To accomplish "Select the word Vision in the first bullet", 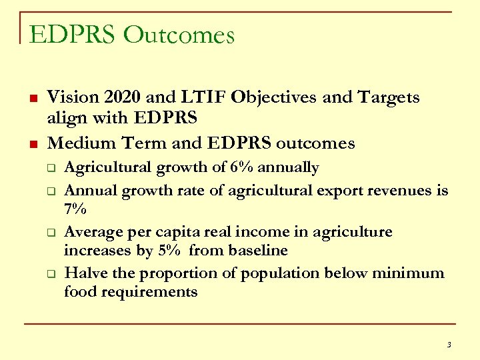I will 71,97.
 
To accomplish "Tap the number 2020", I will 121,97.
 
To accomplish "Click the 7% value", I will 75,209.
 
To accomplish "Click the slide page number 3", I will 449,345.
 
